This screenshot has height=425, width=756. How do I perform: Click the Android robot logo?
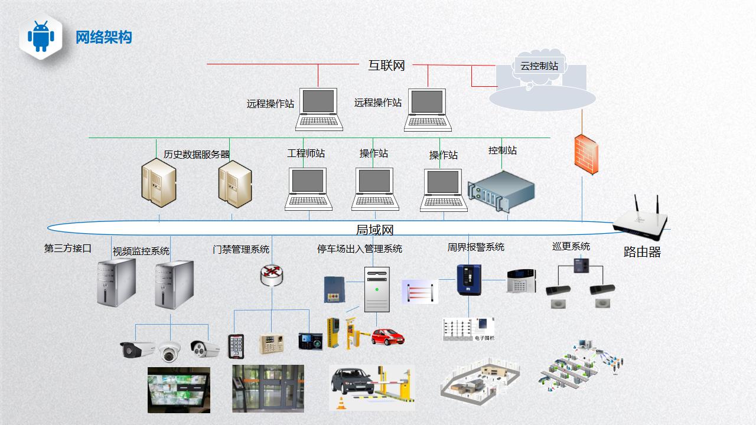pyautogui.click(x=41, y=37)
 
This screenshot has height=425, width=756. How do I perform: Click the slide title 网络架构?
pyautogui.click(x=104, y=37)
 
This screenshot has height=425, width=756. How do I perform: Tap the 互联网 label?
pyautogui.click(x=387, y=66)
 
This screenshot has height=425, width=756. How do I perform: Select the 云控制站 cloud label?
pyautogui.click(x=539, y=66)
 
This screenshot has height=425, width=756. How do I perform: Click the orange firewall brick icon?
pyautogui.click(x=586, y=154)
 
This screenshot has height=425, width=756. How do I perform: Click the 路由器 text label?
pyautogui.click(x=642, y=252)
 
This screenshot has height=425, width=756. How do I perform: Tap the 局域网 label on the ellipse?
pyautogui.click(x=374, y=230)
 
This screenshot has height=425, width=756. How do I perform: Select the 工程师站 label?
pyautogui.click(x=306, y=153)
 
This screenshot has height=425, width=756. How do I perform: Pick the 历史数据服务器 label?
pyautogui.click(x=197, y=155)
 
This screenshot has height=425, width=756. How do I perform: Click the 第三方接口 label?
pyautogui.click(x=68, y=249)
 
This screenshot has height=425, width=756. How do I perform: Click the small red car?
pyautogui.click(x=388, y=336)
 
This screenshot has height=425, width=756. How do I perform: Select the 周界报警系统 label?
pyautogui.click(x=476, y=247)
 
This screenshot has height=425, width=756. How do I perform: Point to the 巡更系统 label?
pyautogui.click(x=571, y=246)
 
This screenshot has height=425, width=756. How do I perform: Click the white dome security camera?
pyautogui.click(x=170, y=352)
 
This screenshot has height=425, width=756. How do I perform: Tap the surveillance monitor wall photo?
pyautogui.click(x=178, y=390)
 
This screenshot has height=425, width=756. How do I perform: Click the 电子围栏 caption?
pyautogui.click(x=484, y=338)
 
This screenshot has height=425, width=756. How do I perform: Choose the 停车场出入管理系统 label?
pyautogui.click(x=360, y=249)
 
